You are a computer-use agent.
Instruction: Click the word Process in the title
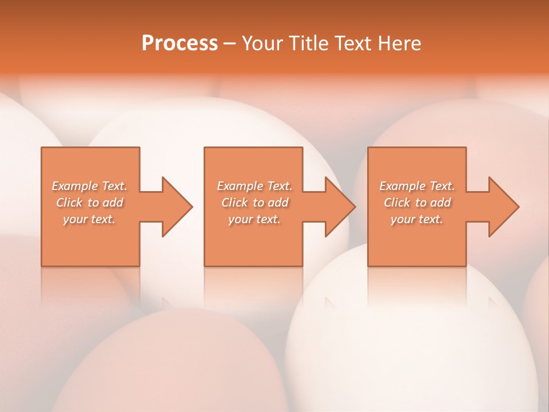[x=180, y=43]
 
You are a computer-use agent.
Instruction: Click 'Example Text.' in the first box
[x=90, y=186]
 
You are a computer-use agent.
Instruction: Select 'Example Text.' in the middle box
[x=254, y=186]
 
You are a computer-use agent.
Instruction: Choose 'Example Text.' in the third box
[x=417, y=186]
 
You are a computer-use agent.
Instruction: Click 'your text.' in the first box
[x=89, y=219]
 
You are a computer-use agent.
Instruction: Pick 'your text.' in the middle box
[x=254, y=219]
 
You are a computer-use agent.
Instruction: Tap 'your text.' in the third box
[x=416, y=219]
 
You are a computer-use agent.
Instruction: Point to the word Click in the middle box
[x=234, y=203]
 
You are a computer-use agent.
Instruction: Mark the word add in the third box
[x=440, y=203]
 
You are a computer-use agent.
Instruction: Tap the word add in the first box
[x=113, y=203]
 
